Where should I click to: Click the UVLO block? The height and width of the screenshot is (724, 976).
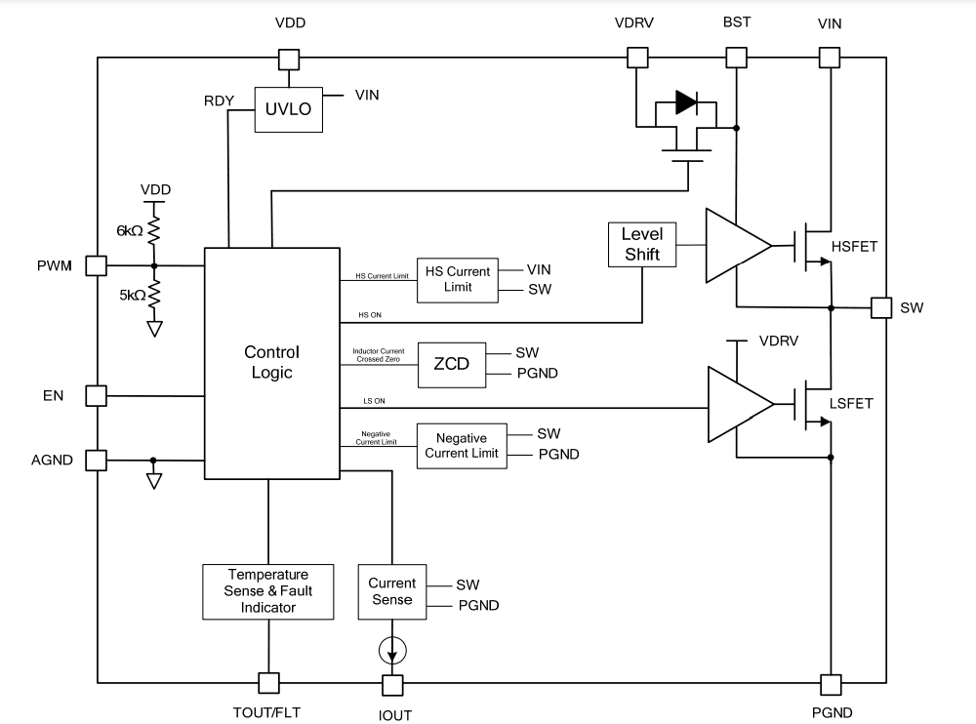tap(288, 109)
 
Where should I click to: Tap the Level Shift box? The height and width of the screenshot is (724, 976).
tap(641, 245)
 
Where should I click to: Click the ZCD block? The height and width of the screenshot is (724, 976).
tap(451, 363)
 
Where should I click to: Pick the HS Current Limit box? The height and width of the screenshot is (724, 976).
tap(457, 279)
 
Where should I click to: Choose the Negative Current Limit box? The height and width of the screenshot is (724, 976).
tap(462, 446)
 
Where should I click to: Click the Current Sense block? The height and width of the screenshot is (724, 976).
tap(391, 591)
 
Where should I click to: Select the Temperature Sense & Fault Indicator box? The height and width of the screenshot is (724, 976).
tap(267, 591)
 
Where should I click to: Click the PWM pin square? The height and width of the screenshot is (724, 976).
tap(96, 265)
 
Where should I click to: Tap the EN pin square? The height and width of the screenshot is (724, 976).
tap(96, 395)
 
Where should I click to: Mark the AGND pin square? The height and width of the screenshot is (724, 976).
tap(96, 460)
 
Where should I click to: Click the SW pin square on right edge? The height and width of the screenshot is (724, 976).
tap(881, 308)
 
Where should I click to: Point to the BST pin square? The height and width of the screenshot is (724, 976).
tap(737, 58)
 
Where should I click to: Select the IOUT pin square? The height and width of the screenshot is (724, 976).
tap(391, 684)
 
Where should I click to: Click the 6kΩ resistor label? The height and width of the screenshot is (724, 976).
tap(130, 232)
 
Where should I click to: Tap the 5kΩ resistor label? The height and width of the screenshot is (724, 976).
tap(130, 295)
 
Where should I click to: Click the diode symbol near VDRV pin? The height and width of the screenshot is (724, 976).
tap(686, 101)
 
